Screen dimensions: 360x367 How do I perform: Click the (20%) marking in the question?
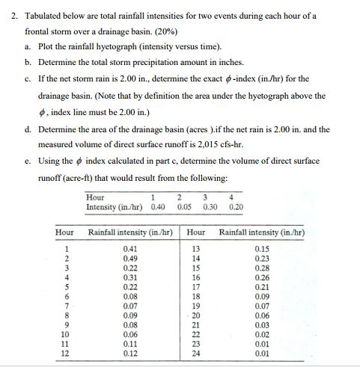[178, 34]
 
